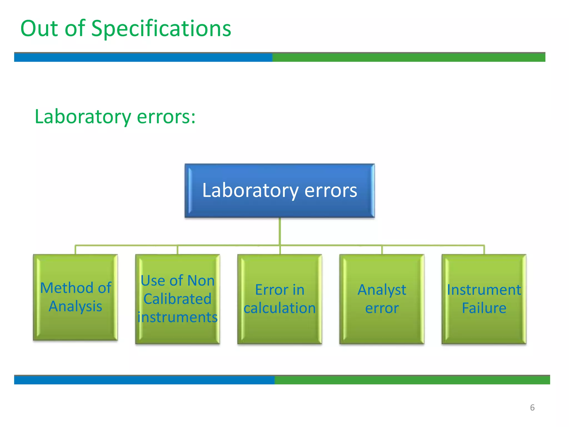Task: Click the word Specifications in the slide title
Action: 161,29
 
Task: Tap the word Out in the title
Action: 39,28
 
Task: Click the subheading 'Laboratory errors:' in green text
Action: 115,117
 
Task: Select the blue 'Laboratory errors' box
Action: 279,191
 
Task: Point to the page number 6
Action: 532,408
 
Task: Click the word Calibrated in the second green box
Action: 178,299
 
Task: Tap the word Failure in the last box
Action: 484,308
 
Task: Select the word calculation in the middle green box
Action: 279,308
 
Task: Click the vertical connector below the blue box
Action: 279,231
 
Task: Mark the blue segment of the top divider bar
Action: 143,57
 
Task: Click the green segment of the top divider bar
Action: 408,57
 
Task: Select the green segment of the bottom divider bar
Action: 412,380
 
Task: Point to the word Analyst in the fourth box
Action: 382,290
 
